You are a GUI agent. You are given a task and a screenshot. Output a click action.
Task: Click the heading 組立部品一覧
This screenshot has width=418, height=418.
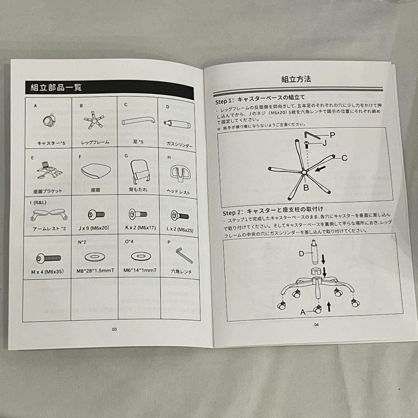(56, 87)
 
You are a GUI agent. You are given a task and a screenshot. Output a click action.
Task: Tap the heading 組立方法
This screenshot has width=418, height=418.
(296, 79)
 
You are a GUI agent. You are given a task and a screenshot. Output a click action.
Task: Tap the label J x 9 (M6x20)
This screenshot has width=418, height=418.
(93, 228)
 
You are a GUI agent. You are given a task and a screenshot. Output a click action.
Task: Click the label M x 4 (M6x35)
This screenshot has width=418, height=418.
(47, 271)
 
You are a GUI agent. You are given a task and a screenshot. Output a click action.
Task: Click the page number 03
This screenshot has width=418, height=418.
(114, 329)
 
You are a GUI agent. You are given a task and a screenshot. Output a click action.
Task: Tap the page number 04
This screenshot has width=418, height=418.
(316, 325)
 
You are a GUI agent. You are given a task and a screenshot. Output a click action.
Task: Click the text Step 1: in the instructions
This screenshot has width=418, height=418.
(225, 102)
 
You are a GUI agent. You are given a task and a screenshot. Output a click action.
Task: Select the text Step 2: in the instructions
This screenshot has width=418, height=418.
(233, 212)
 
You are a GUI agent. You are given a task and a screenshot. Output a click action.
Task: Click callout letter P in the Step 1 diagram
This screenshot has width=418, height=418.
(332, 135)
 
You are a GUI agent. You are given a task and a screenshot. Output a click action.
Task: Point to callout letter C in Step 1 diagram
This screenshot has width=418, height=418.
(344, 158)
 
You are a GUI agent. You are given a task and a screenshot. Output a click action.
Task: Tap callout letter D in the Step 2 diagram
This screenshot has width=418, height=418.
(302, 254)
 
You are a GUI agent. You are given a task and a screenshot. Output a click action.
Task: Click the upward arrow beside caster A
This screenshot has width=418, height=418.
(329, 307)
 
